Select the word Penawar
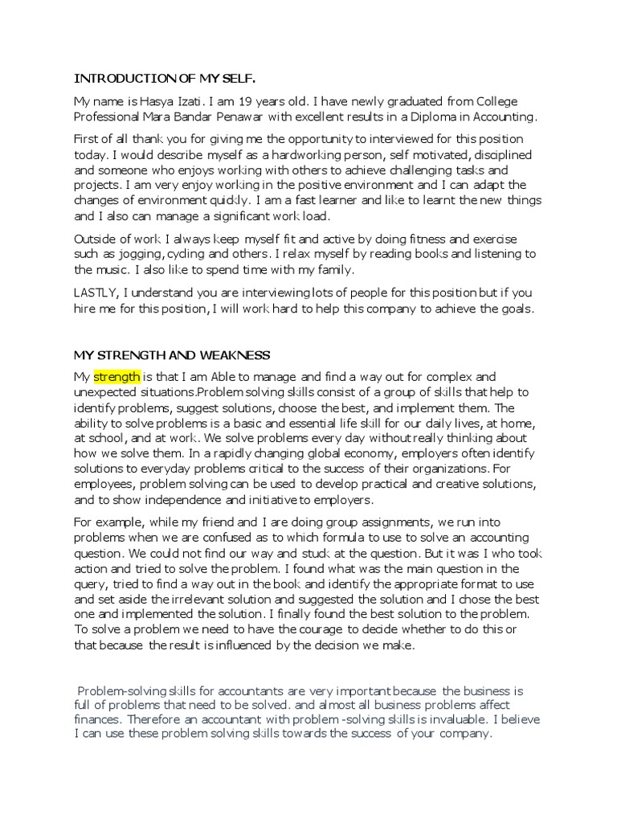(227, 117)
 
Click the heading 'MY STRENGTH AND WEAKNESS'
(172, 355)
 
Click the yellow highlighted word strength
(117, 376)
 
